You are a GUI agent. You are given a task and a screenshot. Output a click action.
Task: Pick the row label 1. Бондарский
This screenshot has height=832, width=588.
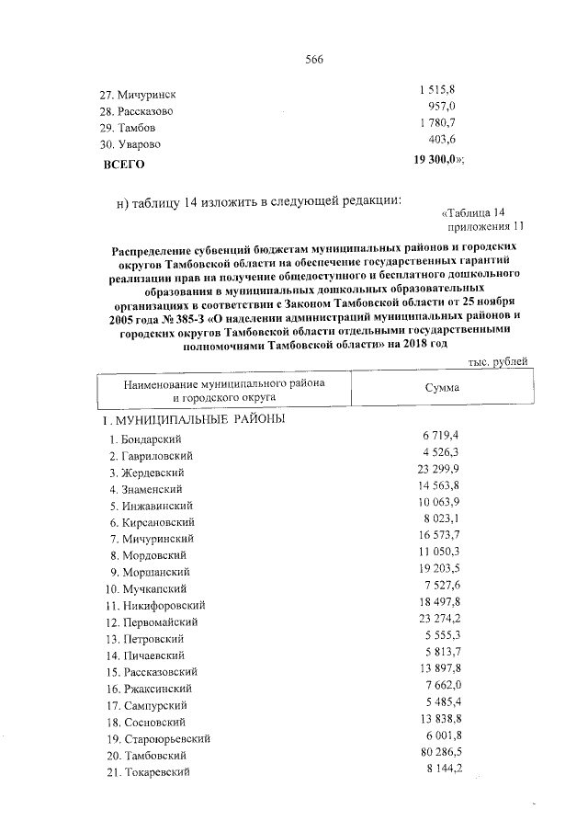click(x=144, y=439)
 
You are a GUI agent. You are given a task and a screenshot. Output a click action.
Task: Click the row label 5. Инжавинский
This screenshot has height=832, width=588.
click(x=150, y=506)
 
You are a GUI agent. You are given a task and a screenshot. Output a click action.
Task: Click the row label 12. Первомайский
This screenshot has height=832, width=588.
click(x=153, y=621)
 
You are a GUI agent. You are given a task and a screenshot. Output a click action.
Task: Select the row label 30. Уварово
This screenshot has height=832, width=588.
click(x=130, y=144)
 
